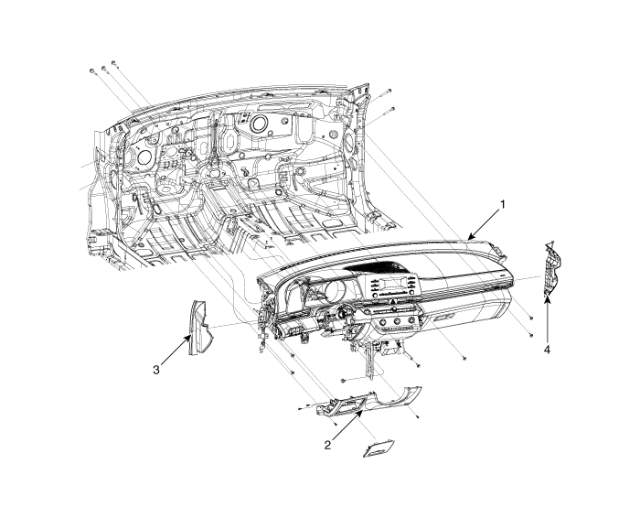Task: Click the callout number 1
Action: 503,204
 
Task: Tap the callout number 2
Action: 327,446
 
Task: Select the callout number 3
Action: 156,370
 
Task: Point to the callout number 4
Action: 547,350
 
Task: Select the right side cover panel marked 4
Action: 552,269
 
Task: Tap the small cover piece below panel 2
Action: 379,448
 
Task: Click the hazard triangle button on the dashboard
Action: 392,301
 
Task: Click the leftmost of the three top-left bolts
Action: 91,71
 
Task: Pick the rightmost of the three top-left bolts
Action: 114,63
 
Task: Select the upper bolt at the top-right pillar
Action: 389,91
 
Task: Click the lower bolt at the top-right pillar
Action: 392,109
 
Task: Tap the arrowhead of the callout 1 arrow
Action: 470,237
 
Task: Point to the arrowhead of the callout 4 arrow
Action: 547,299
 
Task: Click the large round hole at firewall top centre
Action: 258,123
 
